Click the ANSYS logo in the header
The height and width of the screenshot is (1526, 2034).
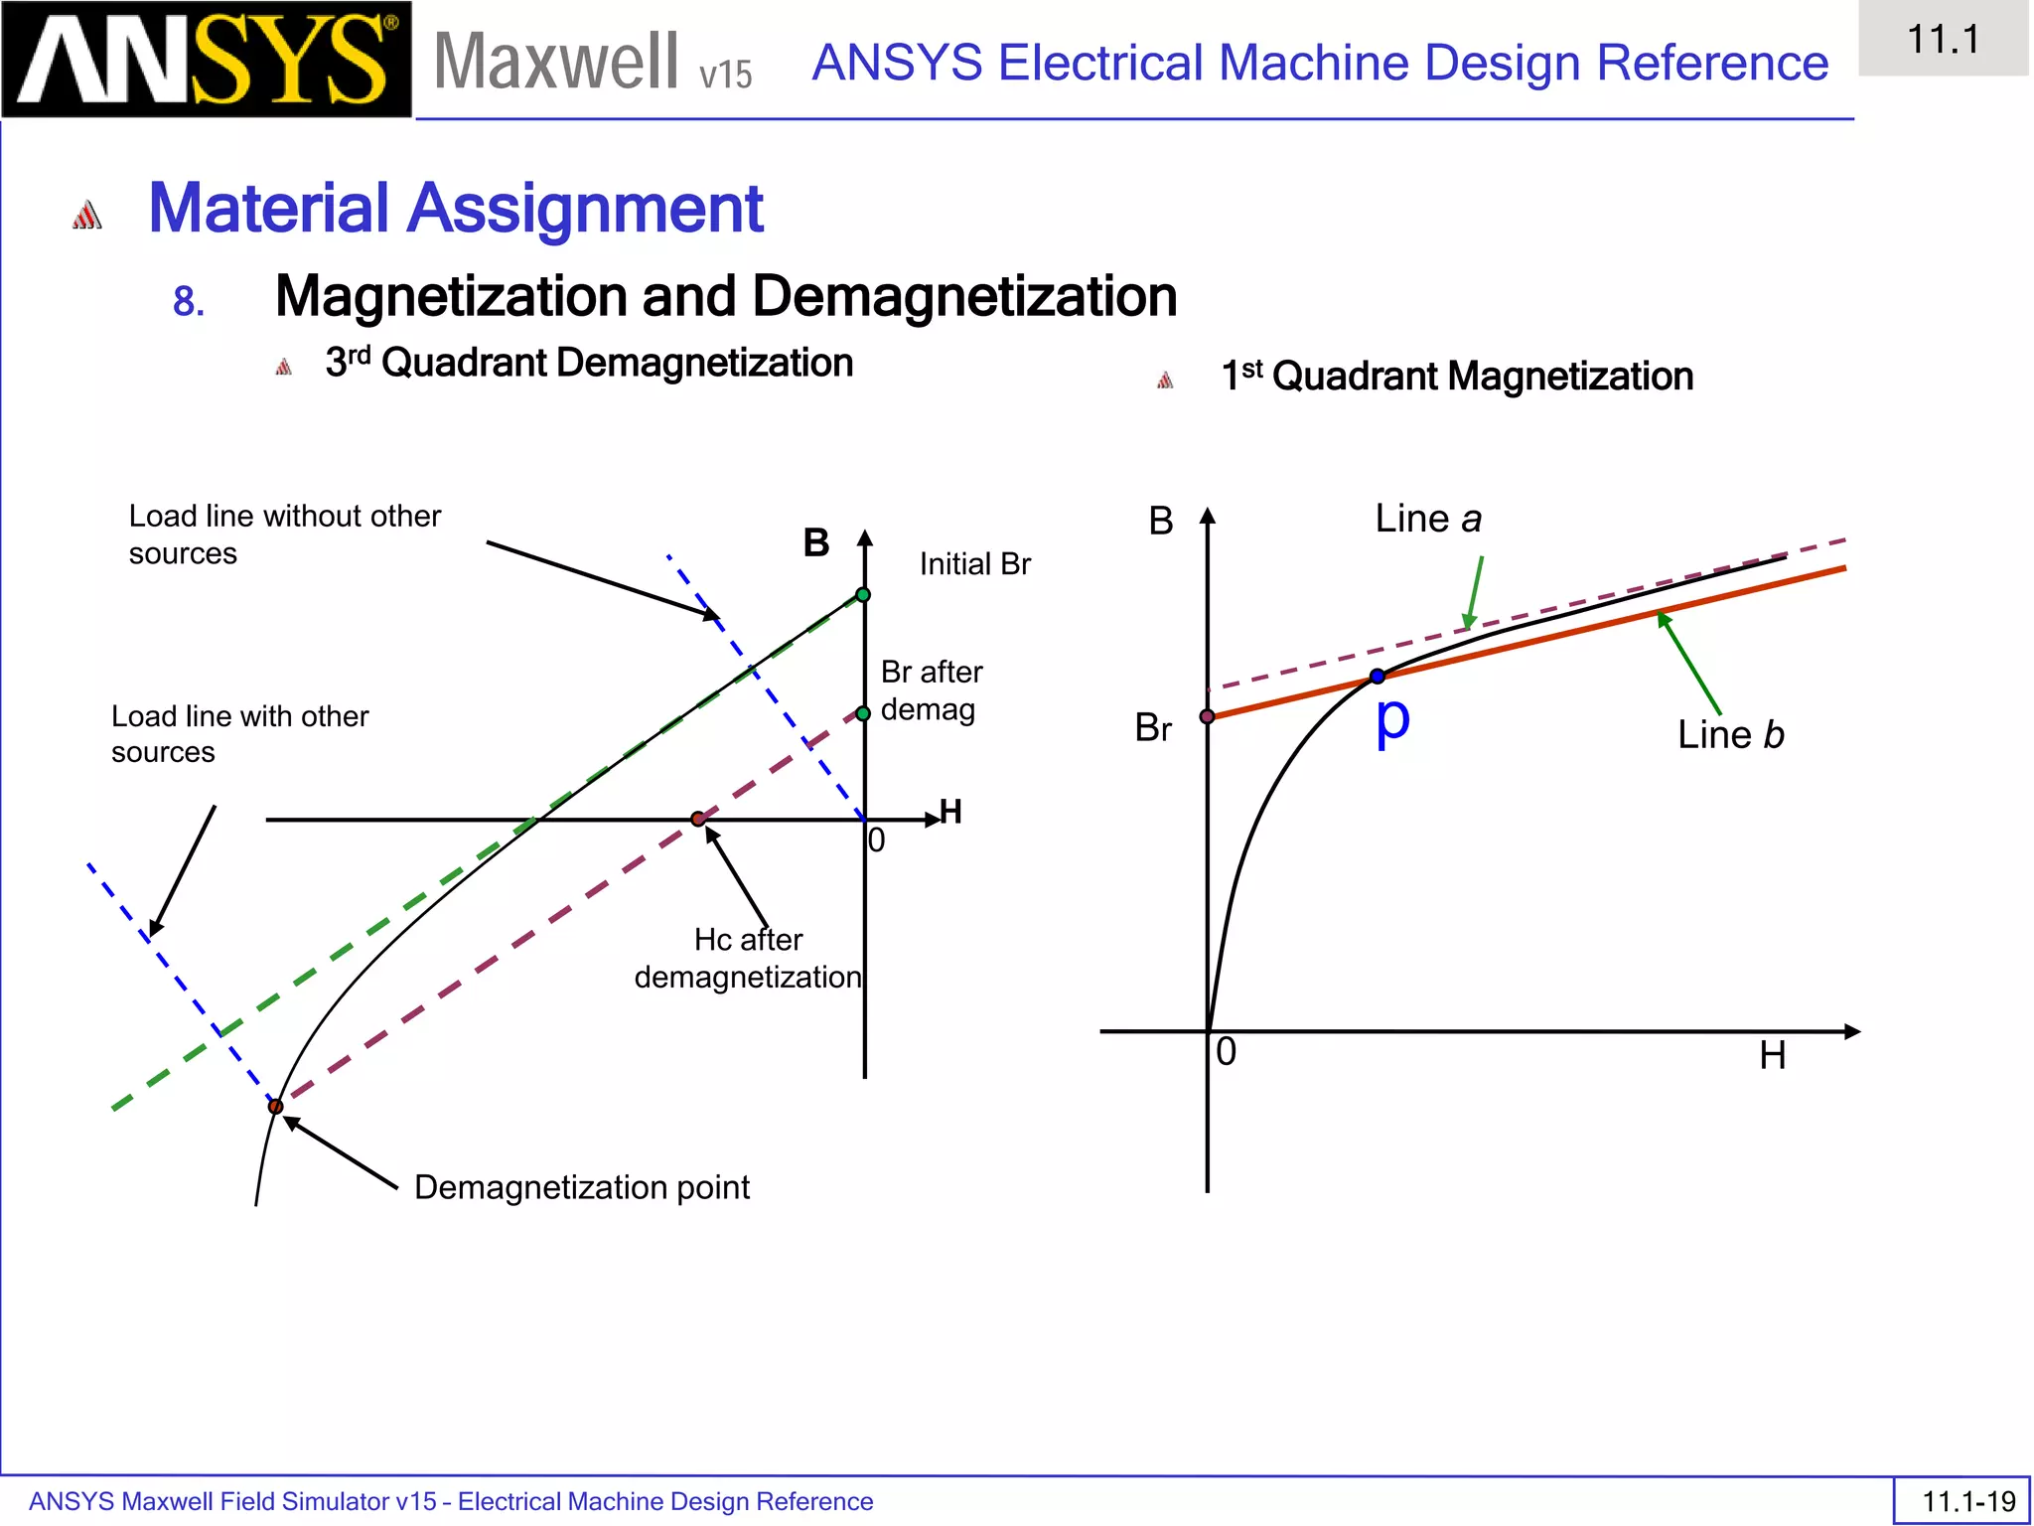click(x=206, y=60)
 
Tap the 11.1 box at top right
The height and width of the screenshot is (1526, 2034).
click(x=1943, y=40)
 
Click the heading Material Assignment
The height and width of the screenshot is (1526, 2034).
click(x=455, y=209)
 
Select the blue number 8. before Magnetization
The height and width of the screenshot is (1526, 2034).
click(x=189, y=301)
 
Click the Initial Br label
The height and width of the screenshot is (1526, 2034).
click(x=974, y=564)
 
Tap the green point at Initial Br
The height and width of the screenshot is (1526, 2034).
click(x=863, y=595)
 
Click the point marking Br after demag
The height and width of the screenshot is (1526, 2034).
click(x=863, y=713)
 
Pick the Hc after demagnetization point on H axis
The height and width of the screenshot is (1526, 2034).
click(x=698, y=819)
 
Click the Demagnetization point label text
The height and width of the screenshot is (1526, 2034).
click(x=581, y=1187)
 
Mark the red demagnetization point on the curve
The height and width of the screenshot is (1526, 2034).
click(x=276, y=1106)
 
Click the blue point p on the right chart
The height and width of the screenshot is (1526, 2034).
click(x=1377, y=677)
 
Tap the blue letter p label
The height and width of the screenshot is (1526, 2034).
click(x=1392, y=720)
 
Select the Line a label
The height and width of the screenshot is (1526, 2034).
click(x=1427, y=519)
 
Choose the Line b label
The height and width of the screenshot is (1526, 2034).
click(x=1730, y=735)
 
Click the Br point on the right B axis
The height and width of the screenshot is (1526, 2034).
click(x=1208, y=716)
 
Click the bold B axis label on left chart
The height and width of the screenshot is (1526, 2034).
click(x=816, y=543)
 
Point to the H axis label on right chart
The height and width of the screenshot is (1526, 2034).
click(x=1773, y=1055)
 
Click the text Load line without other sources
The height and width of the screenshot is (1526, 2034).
click(x=284, y=534)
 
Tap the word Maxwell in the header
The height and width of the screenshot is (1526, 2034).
click(x=556, y=62)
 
